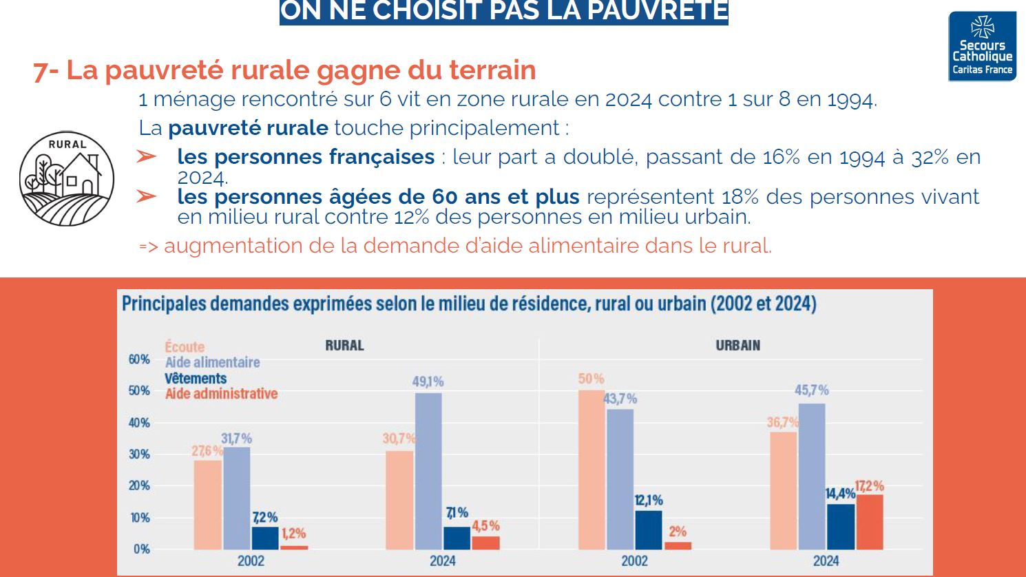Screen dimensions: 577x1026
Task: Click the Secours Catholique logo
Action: click(x=982, y=46)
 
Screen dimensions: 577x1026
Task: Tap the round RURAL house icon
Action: click(x=67, y=179)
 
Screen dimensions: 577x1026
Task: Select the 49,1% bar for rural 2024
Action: click(x=428, y=471)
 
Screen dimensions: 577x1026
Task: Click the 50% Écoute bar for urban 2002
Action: click(x=591, y=470)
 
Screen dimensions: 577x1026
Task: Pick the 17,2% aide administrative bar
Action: click(x=869, y=522)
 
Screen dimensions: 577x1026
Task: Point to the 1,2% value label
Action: click(x=293, y=534)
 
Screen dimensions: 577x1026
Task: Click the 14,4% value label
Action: click(x=840, y=494)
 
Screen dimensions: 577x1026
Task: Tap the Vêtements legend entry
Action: click(x=196, y=379)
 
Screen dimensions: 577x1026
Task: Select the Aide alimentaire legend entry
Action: click(x=212, y=363)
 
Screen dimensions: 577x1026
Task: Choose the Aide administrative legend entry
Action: click(x=221, y=394)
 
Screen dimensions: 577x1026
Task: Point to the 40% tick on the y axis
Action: click(x=139, y=423)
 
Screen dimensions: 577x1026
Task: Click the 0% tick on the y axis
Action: click(x=142, y=549)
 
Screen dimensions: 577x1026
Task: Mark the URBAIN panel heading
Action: click(x=737, y=346)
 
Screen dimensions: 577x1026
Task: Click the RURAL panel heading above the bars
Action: click(x=344, y=346)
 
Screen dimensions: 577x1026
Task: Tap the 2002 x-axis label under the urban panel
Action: click(x=634, y=561)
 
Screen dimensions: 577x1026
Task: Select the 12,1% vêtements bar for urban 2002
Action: click(x=648, y=529)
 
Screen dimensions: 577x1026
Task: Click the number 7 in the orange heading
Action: click(x=41, y=71)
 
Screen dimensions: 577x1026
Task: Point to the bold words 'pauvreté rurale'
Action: click(x=248, y=128)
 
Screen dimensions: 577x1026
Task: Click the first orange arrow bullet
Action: click(x=147, y=157)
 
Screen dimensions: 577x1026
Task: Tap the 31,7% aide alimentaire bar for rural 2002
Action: click(x=237, y=498)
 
